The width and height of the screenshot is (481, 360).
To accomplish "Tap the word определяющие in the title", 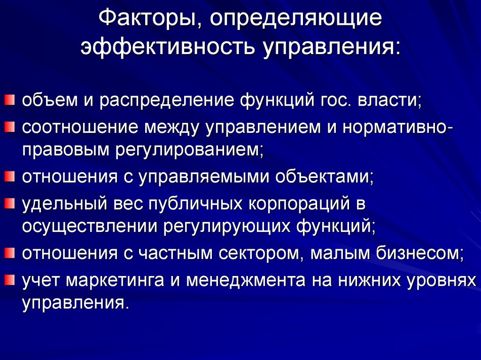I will tap(296, 20).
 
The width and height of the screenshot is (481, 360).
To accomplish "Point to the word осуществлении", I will tap(89, 227).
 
